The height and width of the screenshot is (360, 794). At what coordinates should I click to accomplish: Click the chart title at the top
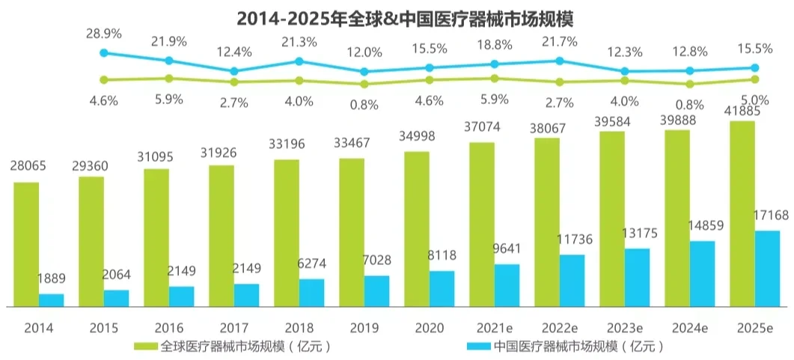coord(397,17)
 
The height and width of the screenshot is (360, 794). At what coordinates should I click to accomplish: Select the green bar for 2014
coord(26,244)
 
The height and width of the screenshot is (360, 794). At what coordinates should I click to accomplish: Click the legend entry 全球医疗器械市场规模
coord(232,347)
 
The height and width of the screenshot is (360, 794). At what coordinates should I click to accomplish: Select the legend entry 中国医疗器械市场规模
coord(566,347)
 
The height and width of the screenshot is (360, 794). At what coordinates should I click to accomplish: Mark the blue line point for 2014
coord(104,52)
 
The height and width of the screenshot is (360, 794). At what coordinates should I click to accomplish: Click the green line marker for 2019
coord(364,84)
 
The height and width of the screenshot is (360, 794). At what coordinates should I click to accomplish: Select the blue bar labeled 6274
coord(311,293)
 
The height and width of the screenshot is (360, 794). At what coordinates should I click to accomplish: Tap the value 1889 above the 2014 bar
coord(52,279)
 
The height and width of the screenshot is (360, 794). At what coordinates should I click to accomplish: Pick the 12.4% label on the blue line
coord(233,53)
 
